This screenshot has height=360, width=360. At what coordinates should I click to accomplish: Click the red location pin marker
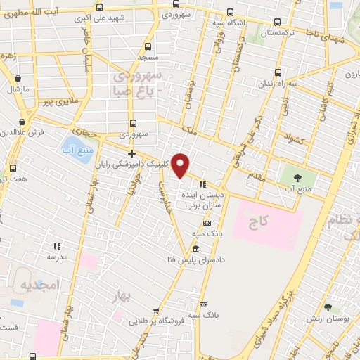[x=181, y=165]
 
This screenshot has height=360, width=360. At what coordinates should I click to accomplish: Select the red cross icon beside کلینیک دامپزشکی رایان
[x=131, y=153]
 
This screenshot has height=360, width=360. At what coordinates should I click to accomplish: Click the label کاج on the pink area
[x=259, y=222]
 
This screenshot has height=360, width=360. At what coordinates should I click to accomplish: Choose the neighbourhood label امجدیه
[x=39, y=285]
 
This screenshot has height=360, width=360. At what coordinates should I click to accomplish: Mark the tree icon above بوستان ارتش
[x=327, y=307]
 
